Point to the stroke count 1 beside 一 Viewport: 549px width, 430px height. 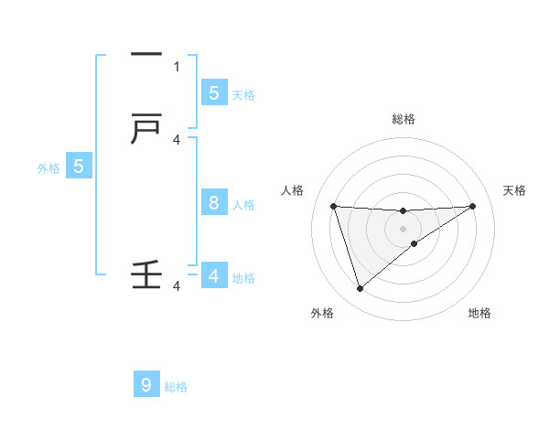pyautogui.click(x=177, y=66)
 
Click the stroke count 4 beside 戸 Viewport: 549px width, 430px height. pyautogui.click(x=177, y=139)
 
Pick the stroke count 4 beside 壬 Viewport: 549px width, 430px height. pyautogui.click(x=177, y=286)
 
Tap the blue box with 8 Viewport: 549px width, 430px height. pyautogui.click(x=213, y=203)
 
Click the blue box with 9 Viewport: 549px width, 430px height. pyautogui.click(x=146, y=385)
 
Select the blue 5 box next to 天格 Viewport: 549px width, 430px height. pyautogui.click(x=213, y=92)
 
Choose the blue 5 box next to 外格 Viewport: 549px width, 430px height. pyautogui.click(x=79, y=167)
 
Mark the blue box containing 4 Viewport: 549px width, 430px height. pyautogui.click(x=213, y=275)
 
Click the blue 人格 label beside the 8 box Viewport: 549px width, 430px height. pyautogui.click(x=243, y=205)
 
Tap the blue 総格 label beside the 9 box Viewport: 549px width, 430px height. pyautogui.click(x=176, y=387)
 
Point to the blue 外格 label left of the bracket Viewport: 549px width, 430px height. pyautogui.click(x=48, y=168)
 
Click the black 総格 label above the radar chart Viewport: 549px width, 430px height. pyautogui.click(x=403, y=119)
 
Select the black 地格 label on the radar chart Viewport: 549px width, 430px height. pyautogui.click(x=479, y=314)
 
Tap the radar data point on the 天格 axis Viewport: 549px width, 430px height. pyautogui.click(x=472, y=206)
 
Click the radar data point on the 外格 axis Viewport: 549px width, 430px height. pyautogui.click(x=360, y=289)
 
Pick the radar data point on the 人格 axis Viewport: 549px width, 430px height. pyautogui.click(x=333, y=206)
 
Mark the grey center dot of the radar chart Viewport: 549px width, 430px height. pyautogui.click(x=403, y=227)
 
